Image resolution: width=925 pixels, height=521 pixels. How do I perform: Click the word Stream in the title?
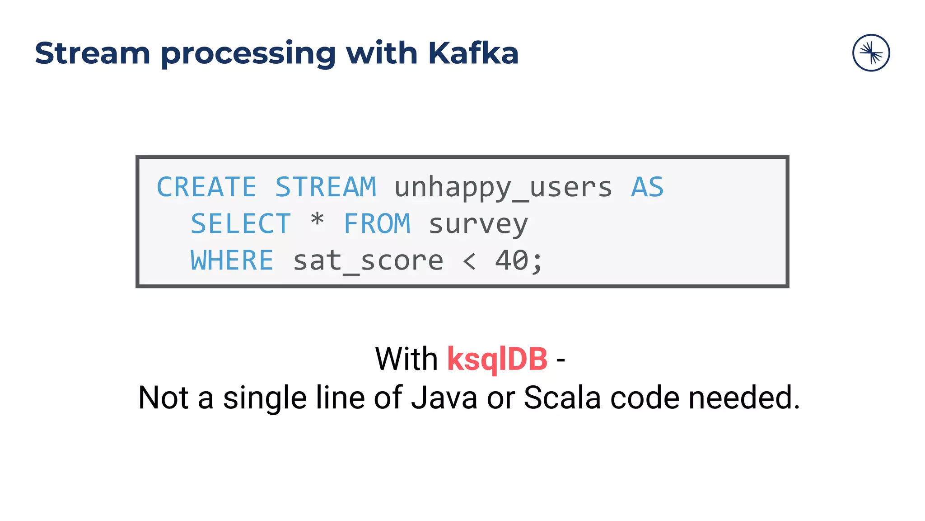[x=92, y=53]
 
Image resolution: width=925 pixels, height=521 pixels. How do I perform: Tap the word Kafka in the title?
[x=473, y=53]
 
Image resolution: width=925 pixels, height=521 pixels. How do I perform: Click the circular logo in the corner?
[x=871, y=53]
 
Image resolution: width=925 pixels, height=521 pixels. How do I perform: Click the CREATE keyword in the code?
[x=206, y=187]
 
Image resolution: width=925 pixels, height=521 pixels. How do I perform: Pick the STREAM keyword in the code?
[x=326, y=187]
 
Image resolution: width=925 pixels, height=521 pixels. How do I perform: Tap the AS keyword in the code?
[x=647, y=187]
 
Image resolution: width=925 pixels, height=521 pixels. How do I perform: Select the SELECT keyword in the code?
[x=240, y=224]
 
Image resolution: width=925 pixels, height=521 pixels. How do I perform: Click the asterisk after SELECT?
[x=318, y=221]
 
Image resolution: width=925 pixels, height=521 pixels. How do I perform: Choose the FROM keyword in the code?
[x=377, y=224]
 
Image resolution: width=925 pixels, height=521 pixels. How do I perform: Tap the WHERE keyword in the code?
[x=232, y=260]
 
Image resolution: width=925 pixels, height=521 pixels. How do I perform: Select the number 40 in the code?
[x=512, y=260]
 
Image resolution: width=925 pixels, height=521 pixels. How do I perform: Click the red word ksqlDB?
[x=497, y=360]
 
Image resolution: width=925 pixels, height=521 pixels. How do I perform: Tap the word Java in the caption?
[x=444, y=398]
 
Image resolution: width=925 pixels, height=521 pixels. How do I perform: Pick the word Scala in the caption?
[x=562, y=398]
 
